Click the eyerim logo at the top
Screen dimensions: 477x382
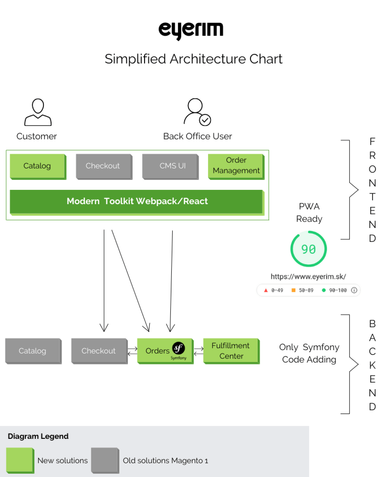[191, 30]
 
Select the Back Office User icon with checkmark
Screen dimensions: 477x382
[197, 112]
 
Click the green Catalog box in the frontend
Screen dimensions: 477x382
[38, 166]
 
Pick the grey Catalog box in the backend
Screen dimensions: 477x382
[33, 351]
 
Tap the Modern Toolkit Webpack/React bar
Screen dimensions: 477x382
[137, 202]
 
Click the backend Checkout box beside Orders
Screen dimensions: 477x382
[99, 351]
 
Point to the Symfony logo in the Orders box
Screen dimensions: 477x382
[178, 349]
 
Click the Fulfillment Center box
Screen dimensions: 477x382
[231, 351]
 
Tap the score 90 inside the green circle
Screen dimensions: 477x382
[308, 249]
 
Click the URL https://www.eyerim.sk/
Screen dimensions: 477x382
[308, 277]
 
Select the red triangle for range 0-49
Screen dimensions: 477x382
[266, 290]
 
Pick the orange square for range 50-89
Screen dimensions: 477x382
[293, 290]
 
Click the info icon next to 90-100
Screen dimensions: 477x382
[354, 290]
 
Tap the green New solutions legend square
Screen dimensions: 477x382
[20, 460]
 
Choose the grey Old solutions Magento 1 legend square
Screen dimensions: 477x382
[105, 460]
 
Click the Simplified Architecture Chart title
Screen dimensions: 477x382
[193, 59]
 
